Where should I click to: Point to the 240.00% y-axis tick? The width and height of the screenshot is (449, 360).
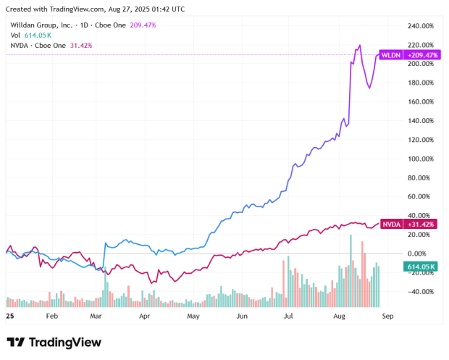(x=421, y=25)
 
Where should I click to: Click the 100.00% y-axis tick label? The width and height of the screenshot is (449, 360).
(x=421, y=159)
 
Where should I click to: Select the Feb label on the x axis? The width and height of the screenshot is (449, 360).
(x=51, y=317)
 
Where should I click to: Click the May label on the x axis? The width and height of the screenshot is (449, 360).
(x=193, y=317)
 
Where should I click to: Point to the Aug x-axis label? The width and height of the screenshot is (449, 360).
(x=339, y=317)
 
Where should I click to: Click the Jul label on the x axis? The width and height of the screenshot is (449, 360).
(x=288, y=317)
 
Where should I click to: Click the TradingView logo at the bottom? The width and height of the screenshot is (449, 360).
(x=54, y=342)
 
